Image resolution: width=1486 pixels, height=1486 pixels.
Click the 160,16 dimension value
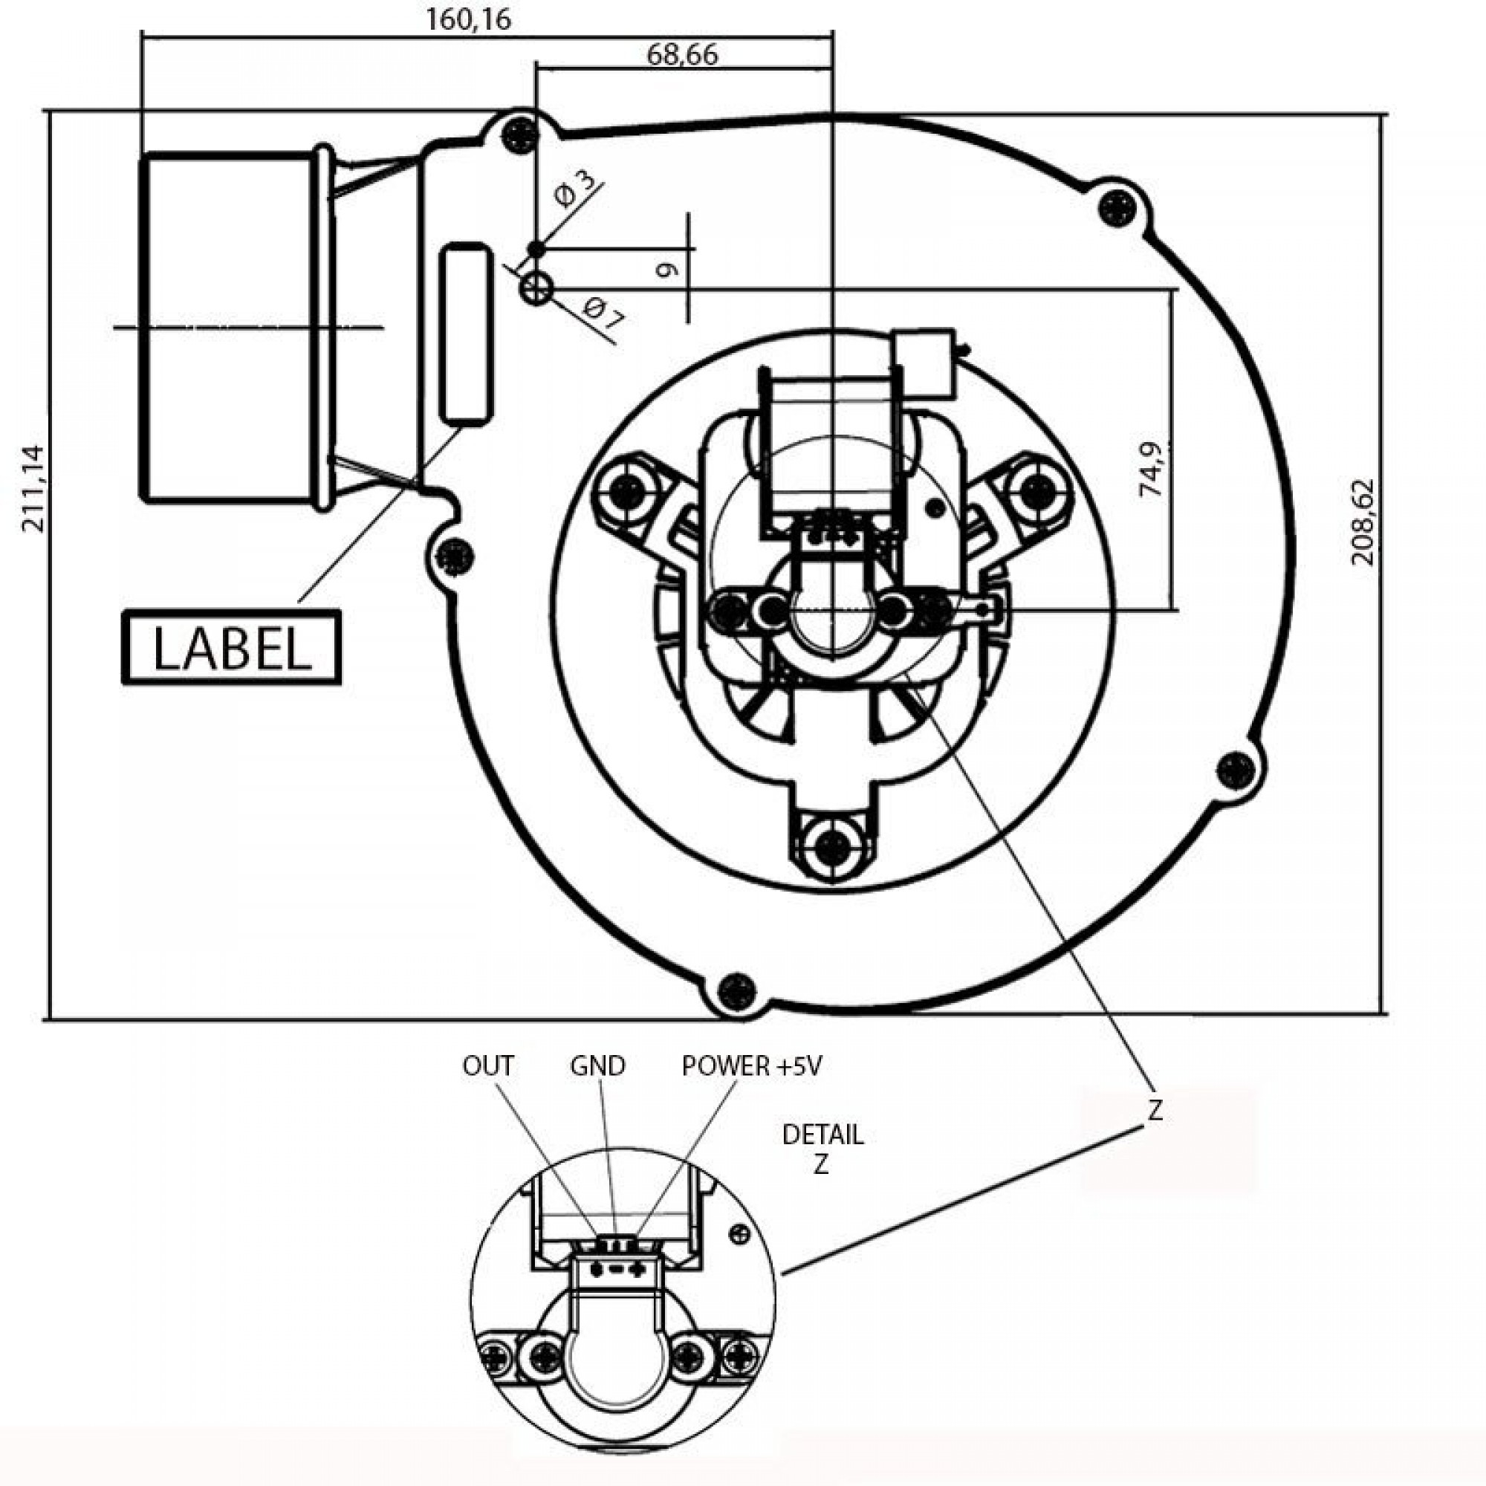(467, 19)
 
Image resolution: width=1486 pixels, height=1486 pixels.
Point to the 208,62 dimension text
(1363, 522)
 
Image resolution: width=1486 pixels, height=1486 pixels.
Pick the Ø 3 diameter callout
(574, 189)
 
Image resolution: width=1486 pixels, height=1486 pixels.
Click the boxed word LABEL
(231, 648)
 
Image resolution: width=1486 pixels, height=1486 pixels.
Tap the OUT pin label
(487, 1065)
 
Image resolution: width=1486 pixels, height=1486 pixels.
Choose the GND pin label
(597, 1065)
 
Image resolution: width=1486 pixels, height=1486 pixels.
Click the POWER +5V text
(751, 1065)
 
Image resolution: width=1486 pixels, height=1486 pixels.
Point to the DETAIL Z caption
(823, 1149)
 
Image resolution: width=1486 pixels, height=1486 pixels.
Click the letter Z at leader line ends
(1155, 1110)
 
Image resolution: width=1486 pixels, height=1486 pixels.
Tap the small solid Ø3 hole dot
(536, 248)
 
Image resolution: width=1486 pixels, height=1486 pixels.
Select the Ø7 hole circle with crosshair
(536, 289)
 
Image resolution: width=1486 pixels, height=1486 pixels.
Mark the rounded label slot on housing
(465, 332)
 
